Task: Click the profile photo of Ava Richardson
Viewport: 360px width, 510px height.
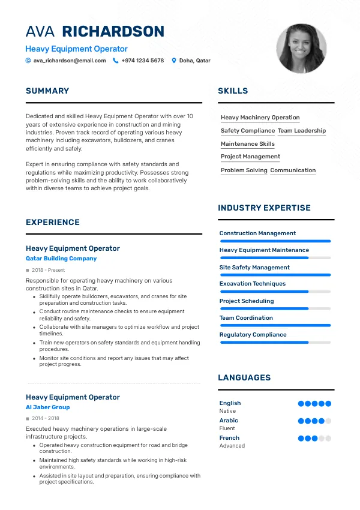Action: (x=301, y=49)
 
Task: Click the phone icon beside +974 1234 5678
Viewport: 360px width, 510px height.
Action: (x=115, y=61)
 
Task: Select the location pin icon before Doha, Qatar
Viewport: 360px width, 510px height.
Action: (x=174, y=61)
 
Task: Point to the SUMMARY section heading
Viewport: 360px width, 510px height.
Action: (x=47, y=91)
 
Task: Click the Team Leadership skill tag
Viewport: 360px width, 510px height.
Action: (x=302, y=131)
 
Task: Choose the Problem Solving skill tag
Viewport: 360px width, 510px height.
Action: (x=244, y=170)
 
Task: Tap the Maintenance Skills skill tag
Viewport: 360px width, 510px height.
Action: (x=247, y=144)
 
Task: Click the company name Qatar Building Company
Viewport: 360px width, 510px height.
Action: (x=61, y=259)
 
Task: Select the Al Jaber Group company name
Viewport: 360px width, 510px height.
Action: (x=48, y=407)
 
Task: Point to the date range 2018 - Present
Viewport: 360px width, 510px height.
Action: (x=48, y=271)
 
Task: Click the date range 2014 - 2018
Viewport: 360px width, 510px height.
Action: (x=46, y=418)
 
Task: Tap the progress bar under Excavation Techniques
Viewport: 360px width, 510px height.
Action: (x=275, y=292)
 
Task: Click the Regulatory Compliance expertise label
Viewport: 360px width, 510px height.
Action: (x=253, y=335)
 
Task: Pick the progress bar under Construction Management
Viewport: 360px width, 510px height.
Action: (x=275, y=241)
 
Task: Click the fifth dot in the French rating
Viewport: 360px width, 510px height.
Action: (x=328, y=439)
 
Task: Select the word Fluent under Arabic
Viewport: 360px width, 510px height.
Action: (x=227, y=428)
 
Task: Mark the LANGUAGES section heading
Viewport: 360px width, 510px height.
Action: (x=244, y=378)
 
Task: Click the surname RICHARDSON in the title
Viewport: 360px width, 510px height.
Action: (x=113, y=32)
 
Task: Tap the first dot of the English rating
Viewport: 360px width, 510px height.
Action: (x=301, y=404)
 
